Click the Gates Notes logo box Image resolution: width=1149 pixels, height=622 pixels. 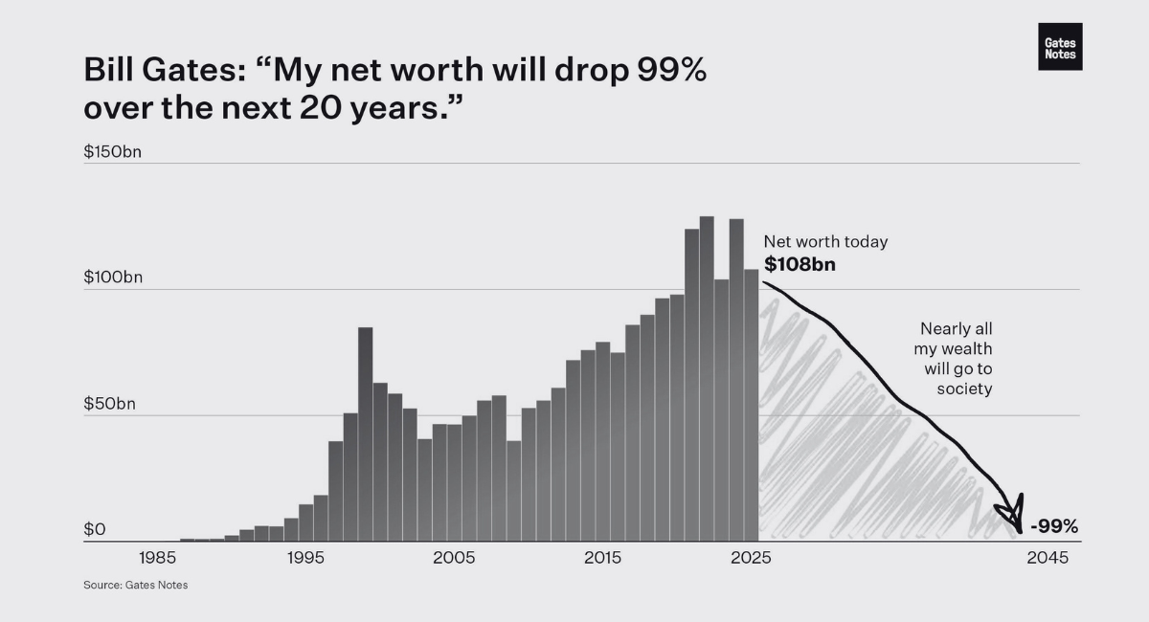point(1060,47)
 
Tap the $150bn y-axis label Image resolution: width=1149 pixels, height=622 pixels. point(113,151)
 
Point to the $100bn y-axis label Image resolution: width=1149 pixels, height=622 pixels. point(113,278)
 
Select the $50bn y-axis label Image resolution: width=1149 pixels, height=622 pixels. point(109,404)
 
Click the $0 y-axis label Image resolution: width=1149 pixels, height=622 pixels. point(95,529)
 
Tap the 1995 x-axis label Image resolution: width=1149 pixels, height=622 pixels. point(305,558)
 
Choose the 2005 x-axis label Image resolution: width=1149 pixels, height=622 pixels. point(454,558)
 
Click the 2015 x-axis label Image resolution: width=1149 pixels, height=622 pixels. point(602,558)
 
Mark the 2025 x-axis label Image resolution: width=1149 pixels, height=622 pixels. point(751,558)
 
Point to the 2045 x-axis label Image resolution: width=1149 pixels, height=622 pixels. point(1047,558)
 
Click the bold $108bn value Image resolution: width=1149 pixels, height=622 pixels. point(800,264)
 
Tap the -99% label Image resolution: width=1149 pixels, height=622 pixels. point(1053,526)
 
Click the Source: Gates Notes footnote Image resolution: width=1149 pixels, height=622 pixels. point(136,585)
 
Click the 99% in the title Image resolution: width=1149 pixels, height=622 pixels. point(671,70)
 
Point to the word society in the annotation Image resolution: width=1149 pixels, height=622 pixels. point(964,389)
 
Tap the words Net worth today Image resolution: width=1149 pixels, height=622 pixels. point(825,242)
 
